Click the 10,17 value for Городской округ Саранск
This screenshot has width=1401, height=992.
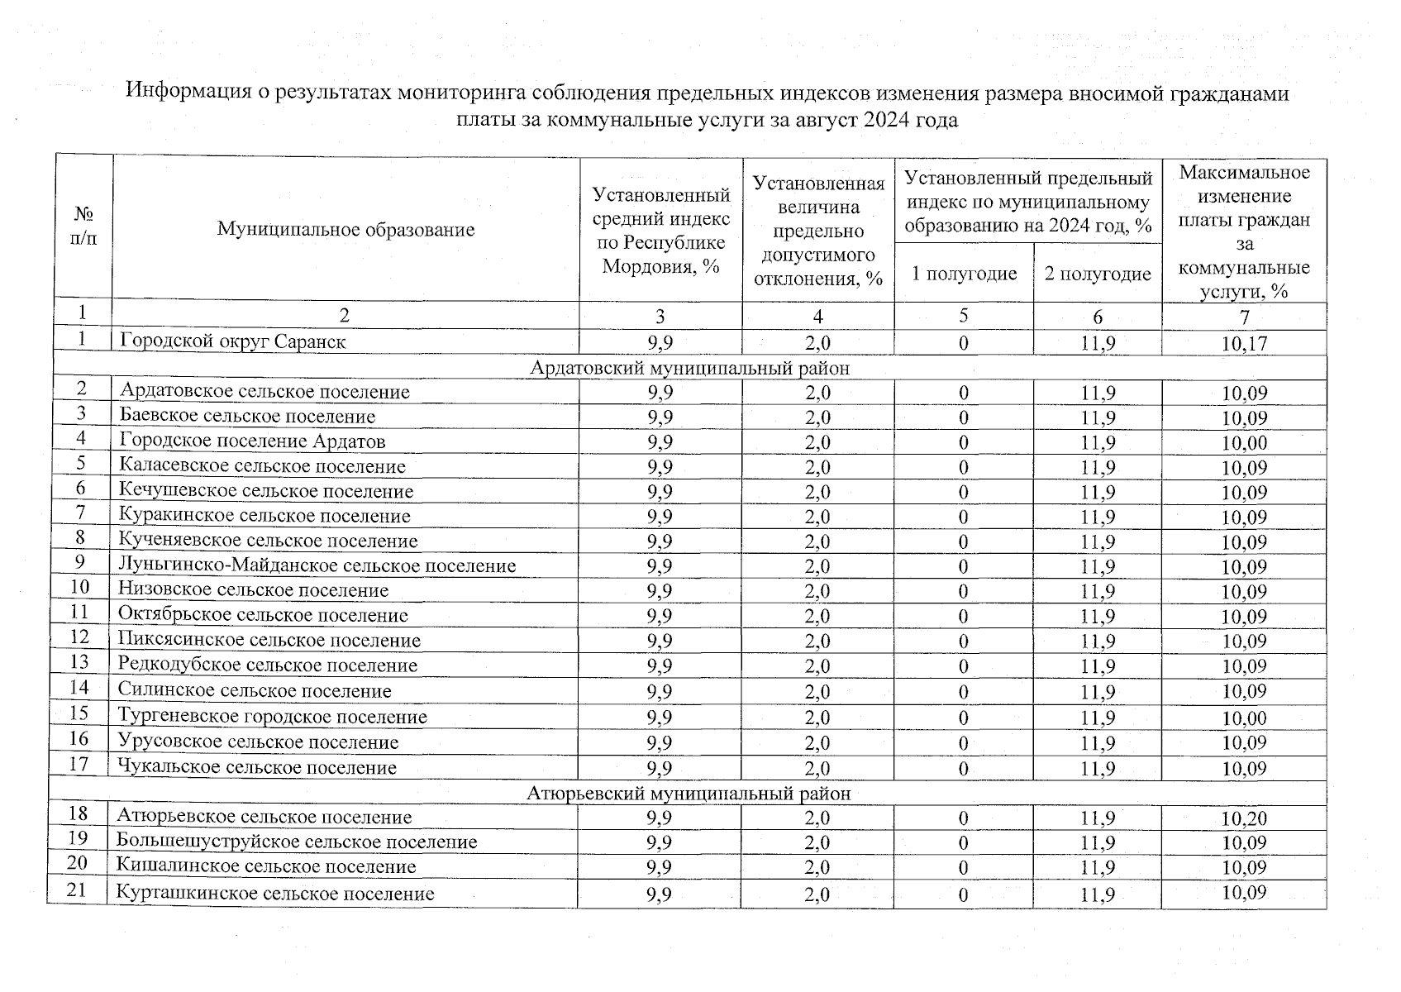[1244, 343]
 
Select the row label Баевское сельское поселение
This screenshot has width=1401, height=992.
[246, 417]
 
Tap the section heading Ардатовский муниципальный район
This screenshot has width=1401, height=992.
[689, 368]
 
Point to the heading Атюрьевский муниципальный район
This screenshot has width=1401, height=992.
[689, 794]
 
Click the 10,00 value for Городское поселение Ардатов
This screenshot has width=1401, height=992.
[1244, 442]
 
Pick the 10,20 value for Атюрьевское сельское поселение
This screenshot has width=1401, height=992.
[1244, 818]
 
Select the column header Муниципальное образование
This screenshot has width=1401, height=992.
[345, 229]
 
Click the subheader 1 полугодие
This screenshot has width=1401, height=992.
[964, 273]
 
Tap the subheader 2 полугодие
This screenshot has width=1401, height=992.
[1098, 274]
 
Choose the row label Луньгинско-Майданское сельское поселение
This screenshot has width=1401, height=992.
[317, 565]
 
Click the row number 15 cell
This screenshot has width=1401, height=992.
[79, 713]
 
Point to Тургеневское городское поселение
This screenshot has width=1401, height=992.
[272, 716]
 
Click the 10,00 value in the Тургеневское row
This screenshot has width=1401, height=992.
[1244, 718]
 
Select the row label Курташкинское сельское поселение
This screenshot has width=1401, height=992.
[274, 893]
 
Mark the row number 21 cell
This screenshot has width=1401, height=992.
[77, 891]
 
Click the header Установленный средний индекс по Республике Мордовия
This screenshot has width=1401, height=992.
[661, 230]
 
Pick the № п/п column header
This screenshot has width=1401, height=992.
[83, 226]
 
